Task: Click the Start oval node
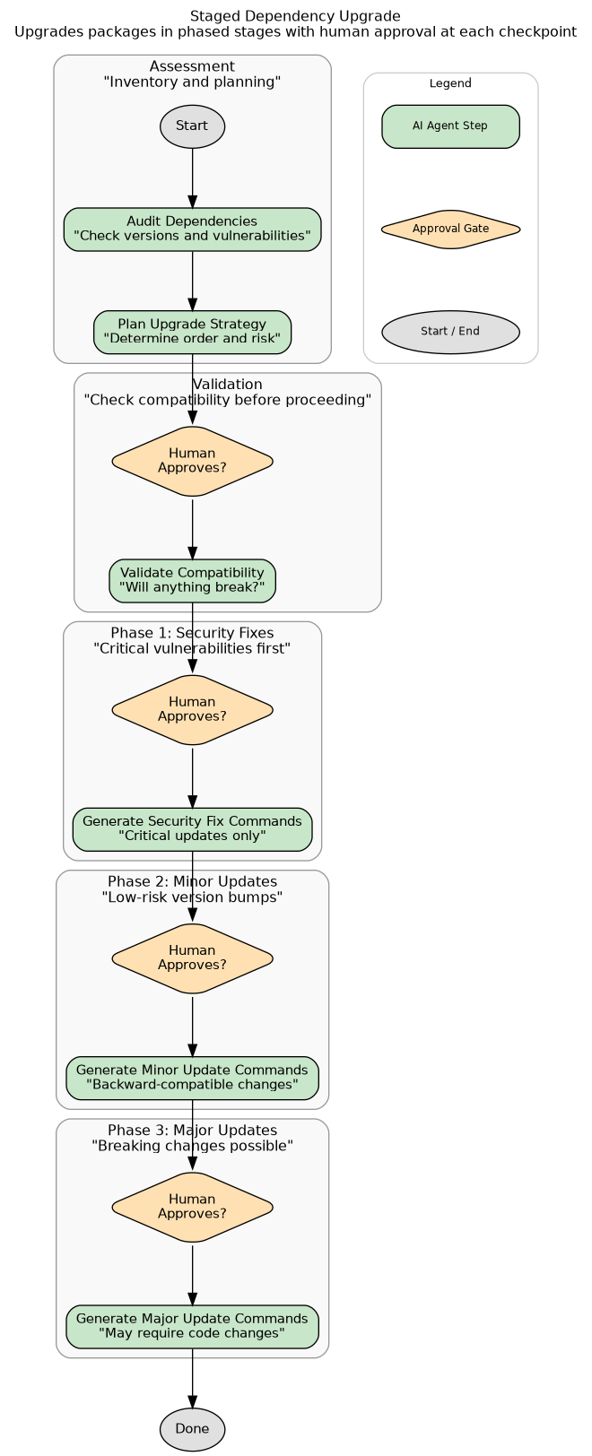click(x=192, y=126)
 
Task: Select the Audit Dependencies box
click(x=192, y=230)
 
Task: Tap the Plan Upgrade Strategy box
click(x=192, y=332)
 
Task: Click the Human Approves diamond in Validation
click(x=192, y=461)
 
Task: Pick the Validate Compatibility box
click(x=192, y=581)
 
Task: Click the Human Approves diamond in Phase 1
click(x=192, y=709)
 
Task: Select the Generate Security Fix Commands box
click(x=192, y=829)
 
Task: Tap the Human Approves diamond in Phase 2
click(x=192, y=958)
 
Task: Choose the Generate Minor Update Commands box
click(x=192, y=1078)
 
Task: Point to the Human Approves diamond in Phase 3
click(x=192, y=1207)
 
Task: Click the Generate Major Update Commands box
click(x=192, y=1326)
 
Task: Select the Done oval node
click(x=192, y=1429)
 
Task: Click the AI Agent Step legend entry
click(x=450, y=126)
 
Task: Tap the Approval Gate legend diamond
click(x=450, y=230)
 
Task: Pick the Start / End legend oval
click(x=450, y=332)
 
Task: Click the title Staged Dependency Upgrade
click(x=295, y=16)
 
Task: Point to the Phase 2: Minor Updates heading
click(x=192, y=881)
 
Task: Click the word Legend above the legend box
click(x=450, y=83)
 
